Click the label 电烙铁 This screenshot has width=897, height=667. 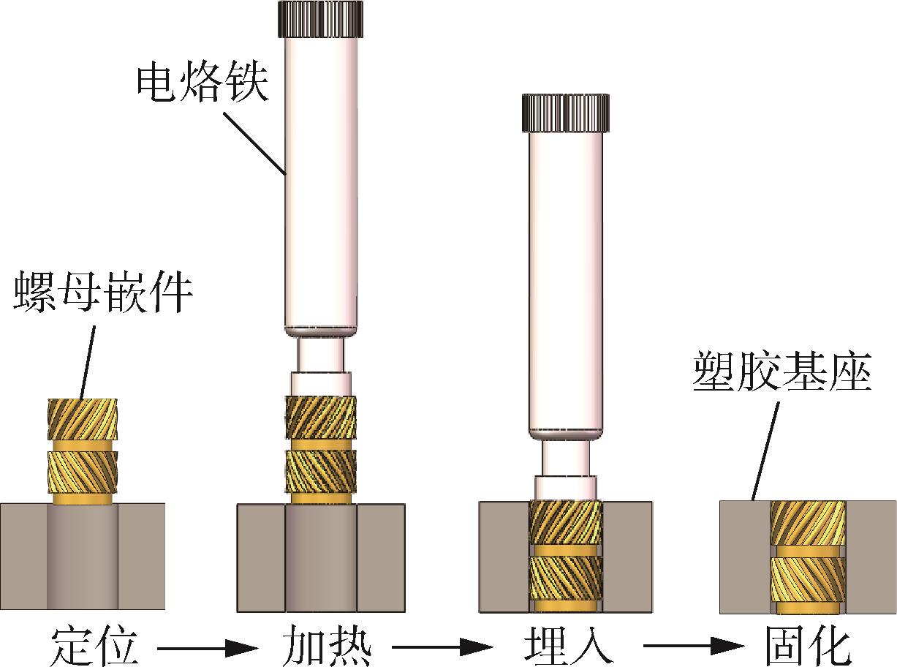tap(203, 84)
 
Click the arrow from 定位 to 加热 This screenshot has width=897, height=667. tap(208, 649)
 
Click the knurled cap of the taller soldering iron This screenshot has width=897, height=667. tap(320, 19)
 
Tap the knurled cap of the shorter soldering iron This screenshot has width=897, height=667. tap(565, 113)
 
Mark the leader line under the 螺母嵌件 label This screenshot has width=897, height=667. tap(88, 361)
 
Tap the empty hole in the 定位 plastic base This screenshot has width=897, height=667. tap(83, 557)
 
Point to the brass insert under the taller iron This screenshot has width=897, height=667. tap(321, 450)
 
